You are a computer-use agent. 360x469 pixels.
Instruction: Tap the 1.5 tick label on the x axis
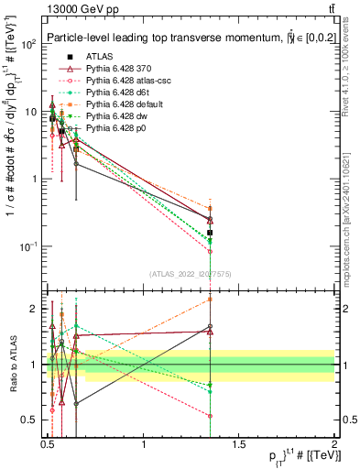239,444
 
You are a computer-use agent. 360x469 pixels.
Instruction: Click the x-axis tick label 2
334,444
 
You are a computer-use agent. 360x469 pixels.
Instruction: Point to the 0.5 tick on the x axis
49,444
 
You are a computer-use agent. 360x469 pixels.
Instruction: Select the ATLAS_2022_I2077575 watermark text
191,273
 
